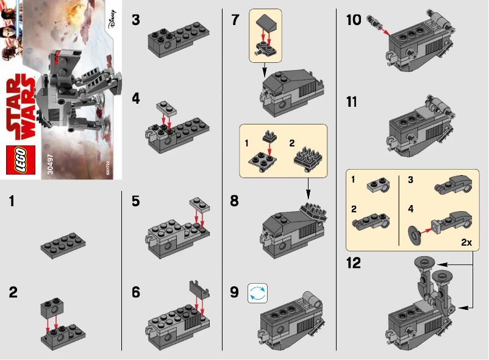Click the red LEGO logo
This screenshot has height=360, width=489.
click(x=17, y=160)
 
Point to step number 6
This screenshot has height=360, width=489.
click(x=137, y=292)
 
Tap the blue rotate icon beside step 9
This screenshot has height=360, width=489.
click(x=257, y=292)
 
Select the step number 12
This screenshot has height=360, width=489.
click(x=353, y=264)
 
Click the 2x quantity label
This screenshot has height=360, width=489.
click(x=466, y=242)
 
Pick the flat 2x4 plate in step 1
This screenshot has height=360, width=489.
click(x=63, y=245)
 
